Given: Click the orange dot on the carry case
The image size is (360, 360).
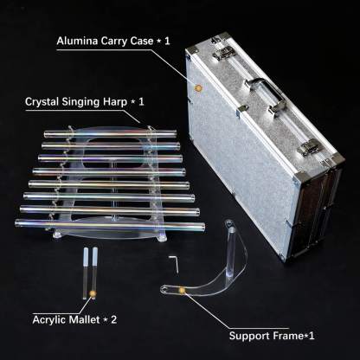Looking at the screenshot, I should pos(198,87).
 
